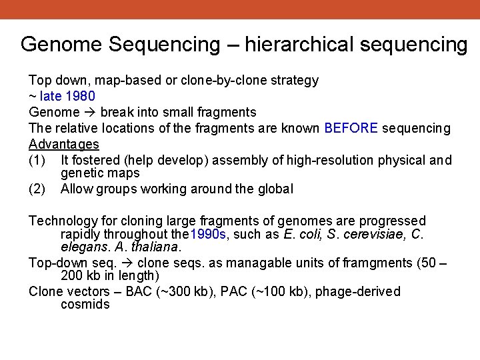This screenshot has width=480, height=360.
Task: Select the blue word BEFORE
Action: point(351,128)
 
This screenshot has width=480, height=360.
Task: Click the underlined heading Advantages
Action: point(64,144)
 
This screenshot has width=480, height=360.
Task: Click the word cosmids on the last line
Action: point(85,304)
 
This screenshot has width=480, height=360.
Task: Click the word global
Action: point(275,189)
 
